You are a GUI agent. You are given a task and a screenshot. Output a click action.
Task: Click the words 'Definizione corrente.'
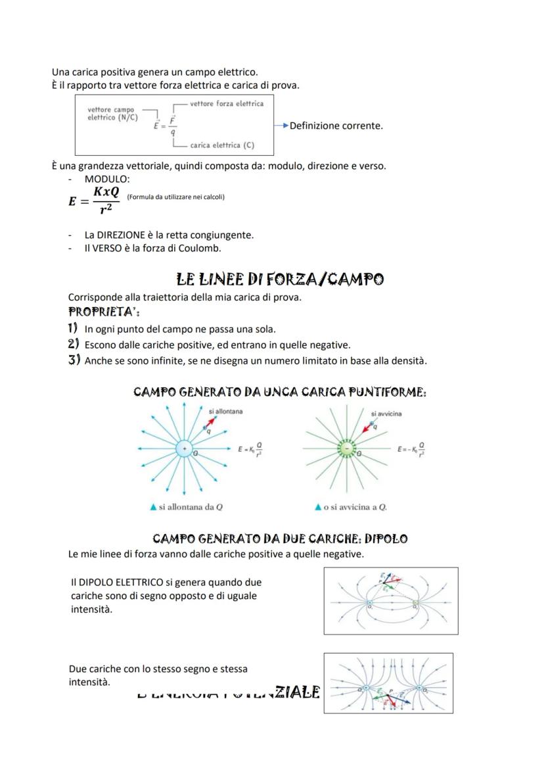click(x=336, y=126)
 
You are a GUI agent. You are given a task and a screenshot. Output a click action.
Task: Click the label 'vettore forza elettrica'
click(x=227, y=103)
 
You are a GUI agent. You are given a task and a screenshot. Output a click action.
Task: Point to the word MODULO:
click(x=107, y=179)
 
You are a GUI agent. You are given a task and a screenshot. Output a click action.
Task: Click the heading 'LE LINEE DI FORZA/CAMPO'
click(x=281, y=279)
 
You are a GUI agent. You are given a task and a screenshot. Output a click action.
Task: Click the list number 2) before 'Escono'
click(x=74, y=344)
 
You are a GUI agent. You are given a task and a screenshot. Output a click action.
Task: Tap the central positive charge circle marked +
click(x=184, y=448)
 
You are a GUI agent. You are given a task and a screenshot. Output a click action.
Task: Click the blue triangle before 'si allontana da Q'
click(x=153, y=507)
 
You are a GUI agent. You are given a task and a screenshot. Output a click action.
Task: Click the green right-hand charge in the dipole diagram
click(x=415, y=602)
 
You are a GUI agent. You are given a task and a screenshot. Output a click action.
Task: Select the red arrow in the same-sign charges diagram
click(x=392, y=701)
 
